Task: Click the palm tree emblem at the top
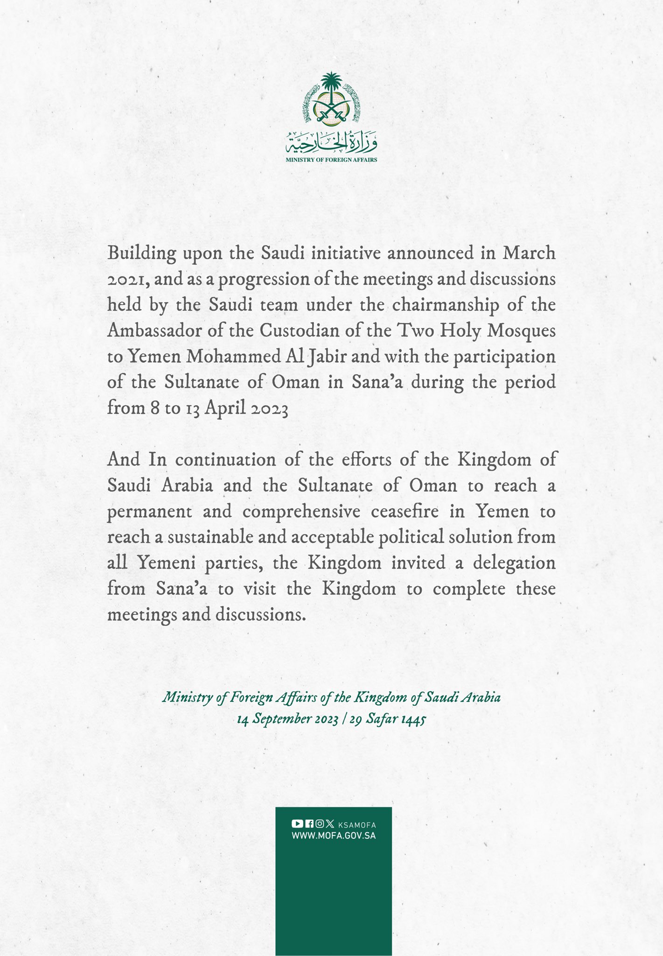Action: point(331,99)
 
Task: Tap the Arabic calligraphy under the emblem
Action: point(331,143)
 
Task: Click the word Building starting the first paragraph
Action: point(142,253)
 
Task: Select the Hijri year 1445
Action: point(413,719)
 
